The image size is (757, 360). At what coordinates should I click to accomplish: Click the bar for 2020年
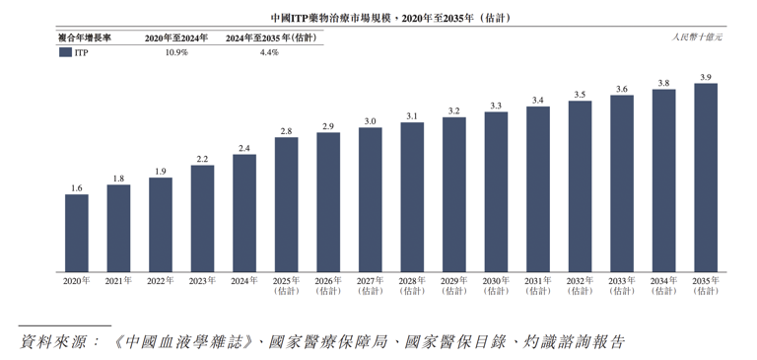click(x=77, y=233)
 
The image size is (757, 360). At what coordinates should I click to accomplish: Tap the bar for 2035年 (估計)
click(x=706, y=178)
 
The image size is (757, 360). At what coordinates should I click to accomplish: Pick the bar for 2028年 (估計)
click(x=412, y=197)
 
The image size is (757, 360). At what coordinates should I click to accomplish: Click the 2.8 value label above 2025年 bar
click(x=286, y=131)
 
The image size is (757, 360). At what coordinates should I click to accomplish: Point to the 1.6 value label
click(x=77, y=187)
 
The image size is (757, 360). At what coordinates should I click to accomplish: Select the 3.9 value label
click(x=706, y=77)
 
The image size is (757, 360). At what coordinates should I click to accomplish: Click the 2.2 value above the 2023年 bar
click(x=202, y=159)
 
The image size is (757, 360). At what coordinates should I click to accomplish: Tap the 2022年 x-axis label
click(x=161, y=281)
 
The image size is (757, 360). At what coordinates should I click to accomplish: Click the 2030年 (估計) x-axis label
click(x=496, y=286)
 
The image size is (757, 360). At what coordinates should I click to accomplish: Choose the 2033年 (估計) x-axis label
click(x=622, y=286)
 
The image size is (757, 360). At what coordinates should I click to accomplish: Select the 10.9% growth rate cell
click(x=176, y=52)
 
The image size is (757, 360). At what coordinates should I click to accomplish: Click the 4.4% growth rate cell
click(x=269, y=52)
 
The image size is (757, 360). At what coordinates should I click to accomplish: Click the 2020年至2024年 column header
click(x=176, y=37)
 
